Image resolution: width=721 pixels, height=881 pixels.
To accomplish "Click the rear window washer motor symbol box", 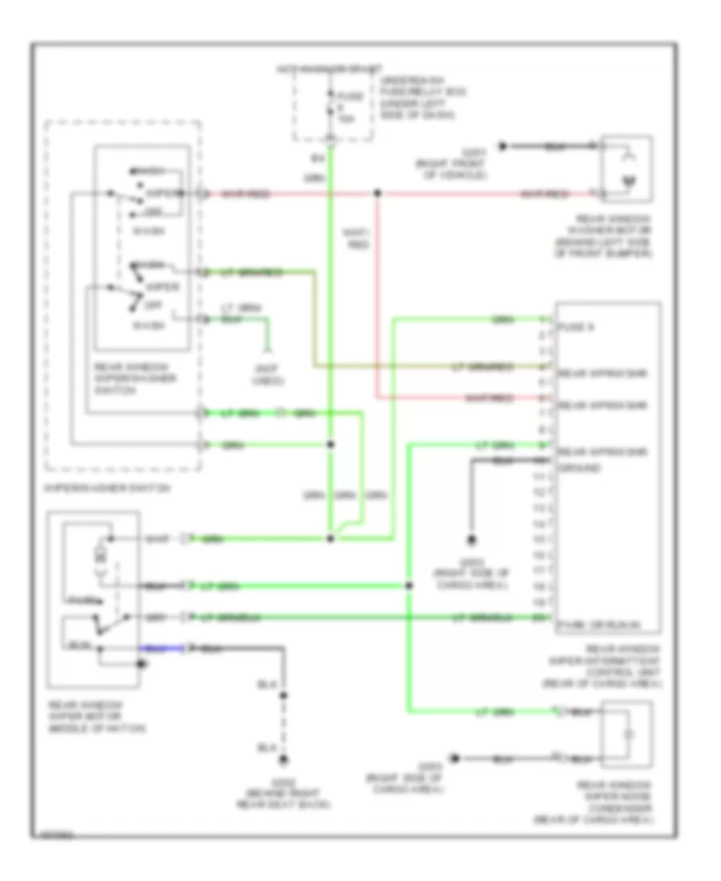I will pyautogui.click(x=627, y=170).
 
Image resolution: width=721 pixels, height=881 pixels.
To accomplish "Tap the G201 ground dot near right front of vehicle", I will pyautogui.click(x=502, y=147).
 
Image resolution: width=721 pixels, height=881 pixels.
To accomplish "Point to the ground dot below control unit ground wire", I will pyautogui.click(x=472, y=539).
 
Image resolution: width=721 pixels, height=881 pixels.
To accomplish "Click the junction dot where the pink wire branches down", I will pyautogui.click(x=377, y=194).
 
